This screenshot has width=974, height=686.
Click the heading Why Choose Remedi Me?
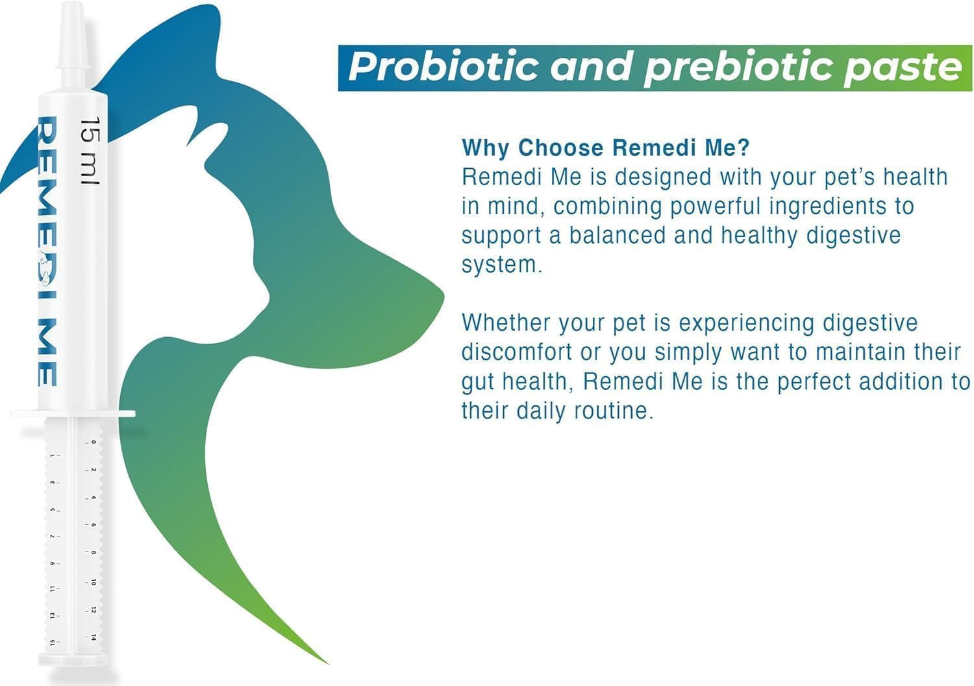tap(605, 147)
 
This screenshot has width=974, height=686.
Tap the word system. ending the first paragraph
tap(501, 265)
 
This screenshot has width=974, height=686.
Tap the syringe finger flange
tap(73, 414)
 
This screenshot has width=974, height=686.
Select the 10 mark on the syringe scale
tap(94, 583)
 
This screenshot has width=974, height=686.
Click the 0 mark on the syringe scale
tap(94, 442)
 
